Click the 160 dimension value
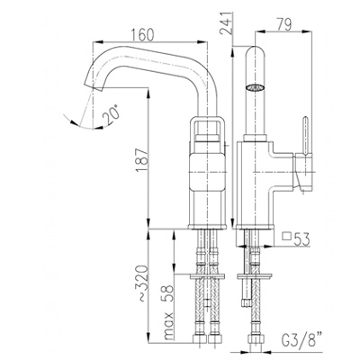pos(142,35)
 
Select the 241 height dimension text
pos(227,23)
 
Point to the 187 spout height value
pos(141,160)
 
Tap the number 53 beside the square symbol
pos(301,239)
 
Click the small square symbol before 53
pos(287,237)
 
